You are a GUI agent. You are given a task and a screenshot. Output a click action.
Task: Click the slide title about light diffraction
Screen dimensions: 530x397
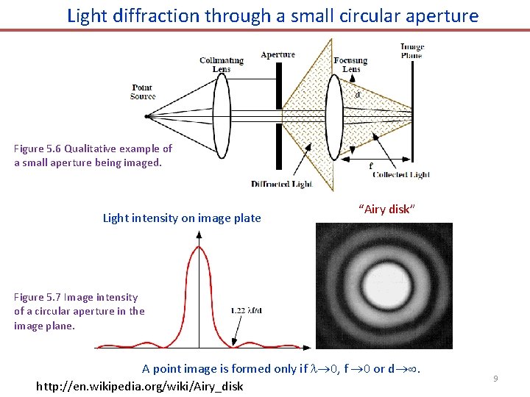click(x=272, y=15)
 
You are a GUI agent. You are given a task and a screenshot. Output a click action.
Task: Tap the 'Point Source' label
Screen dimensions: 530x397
click(x=142, y=92)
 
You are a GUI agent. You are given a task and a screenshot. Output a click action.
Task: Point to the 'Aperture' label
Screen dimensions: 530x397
click(x=278, y=54)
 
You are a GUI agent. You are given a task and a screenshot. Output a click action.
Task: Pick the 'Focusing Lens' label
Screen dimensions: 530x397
click(x=350, y=65)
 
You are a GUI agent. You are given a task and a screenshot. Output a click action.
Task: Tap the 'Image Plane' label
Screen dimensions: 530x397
click(x=412, y=51)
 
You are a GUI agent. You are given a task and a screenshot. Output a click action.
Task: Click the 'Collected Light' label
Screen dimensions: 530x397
click(x=401, y=175)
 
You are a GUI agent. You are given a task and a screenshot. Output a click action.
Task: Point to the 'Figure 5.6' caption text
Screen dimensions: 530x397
click(x=93, y=155)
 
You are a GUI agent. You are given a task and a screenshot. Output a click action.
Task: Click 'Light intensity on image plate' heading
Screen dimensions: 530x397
click(x=182, y=218)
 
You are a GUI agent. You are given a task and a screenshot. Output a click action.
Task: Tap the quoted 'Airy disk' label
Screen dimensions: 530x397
click(x=387, y=210)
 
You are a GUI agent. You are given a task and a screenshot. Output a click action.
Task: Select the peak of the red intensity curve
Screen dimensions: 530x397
click(x=199, y=248)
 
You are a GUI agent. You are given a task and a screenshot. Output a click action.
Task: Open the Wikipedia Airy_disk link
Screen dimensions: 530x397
click(x=139, y=386)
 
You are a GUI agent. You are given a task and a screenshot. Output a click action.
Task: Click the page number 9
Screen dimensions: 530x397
click(x=495, y=379)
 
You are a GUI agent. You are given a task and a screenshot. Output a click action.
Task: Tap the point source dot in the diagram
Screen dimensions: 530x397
click(x=147, y=116)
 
